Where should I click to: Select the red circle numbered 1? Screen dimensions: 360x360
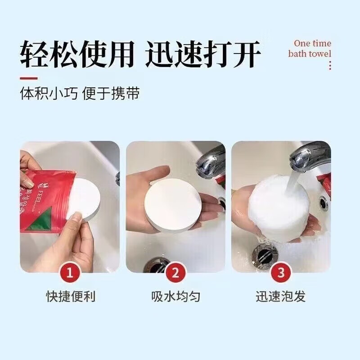click(70, 272)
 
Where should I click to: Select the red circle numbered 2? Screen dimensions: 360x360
click(175, 272)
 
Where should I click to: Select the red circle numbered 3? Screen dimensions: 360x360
click(281, 272)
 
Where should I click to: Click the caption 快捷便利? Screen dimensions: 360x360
click(71, 297)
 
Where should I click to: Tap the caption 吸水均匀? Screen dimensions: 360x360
click(175, 297)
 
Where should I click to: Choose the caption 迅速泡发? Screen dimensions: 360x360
click(281, 297)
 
